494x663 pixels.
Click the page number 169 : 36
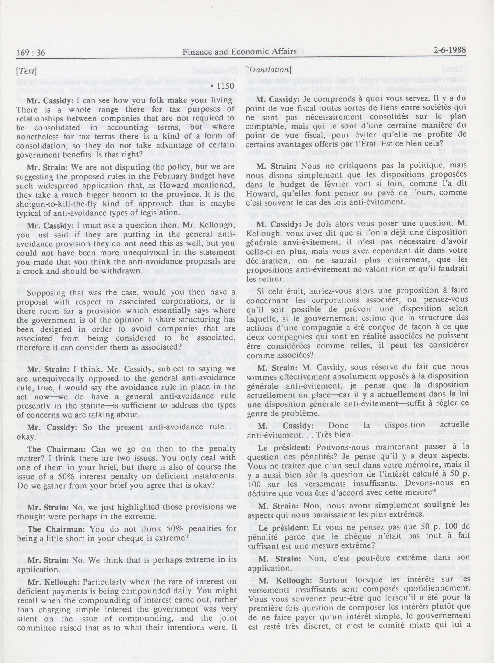pyautogui.click(x=31, y=53)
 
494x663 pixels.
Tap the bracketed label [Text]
pyautogui.click(x=27, y=71)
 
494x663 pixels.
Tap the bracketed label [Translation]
pyautogui.click(x=268, y=70)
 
